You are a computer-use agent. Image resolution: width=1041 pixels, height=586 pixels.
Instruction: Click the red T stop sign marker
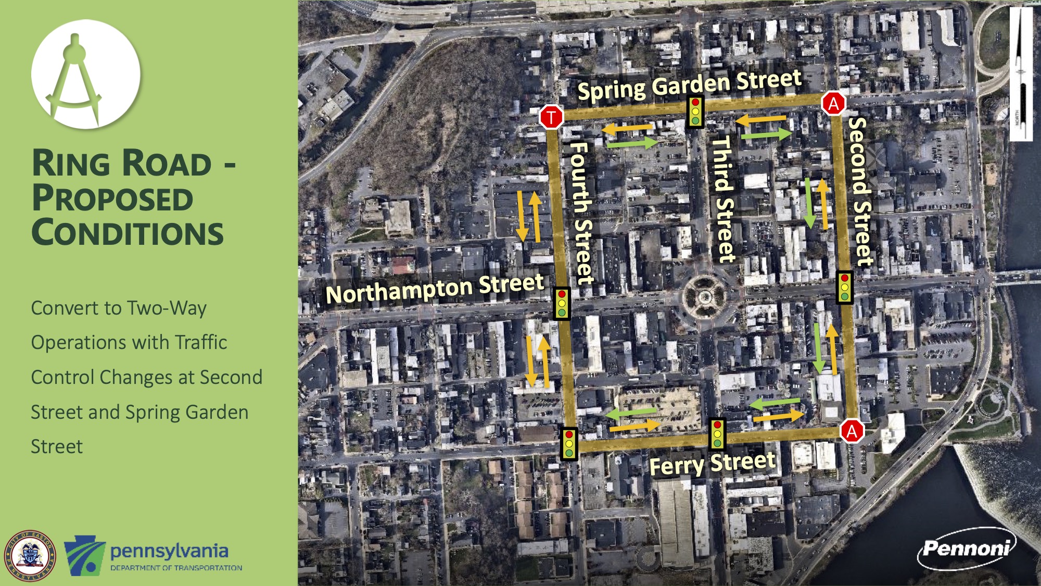[551, 117]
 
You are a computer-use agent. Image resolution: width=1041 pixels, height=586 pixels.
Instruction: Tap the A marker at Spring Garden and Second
[833, 104]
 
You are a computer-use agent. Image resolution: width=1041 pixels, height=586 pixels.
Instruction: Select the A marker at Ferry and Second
[852, 431]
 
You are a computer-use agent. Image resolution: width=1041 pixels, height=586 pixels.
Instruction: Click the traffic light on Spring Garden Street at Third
[695, 111]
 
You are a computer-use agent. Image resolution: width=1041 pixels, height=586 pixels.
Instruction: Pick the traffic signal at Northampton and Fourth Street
[562, 303]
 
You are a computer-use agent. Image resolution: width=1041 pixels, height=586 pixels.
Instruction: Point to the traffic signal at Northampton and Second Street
[844, 287]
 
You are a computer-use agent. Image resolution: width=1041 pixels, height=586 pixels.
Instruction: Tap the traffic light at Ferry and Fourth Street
[569, 443]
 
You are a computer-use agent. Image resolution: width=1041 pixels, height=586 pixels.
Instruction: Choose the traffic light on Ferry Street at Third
[717, 434]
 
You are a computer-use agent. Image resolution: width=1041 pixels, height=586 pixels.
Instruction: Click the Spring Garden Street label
[689, 85]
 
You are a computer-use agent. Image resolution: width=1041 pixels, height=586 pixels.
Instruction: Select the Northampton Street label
[435, 288]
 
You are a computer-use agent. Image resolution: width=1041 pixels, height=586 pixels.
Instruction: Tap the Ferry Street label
[712, 464]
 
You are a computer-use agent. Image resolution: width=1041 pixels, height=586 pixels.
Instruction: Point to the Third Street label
[723, 198]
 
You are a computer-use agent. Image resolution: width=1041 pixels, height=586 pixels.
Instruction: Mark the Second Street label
[861, 191]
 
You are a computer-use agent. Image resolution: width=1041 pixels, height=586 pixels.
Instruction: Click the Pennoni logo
[966, 548]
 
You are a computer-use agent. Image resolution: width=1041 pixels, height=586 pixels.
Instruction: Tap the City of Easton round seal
[30, 556]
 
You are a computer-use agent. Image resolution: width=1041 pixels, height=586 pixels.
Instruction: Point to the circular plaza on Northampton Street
[705, 297]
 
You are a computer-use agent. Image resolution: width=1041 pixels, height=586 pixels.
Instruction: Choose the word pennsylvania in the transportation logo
[169, 551]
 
